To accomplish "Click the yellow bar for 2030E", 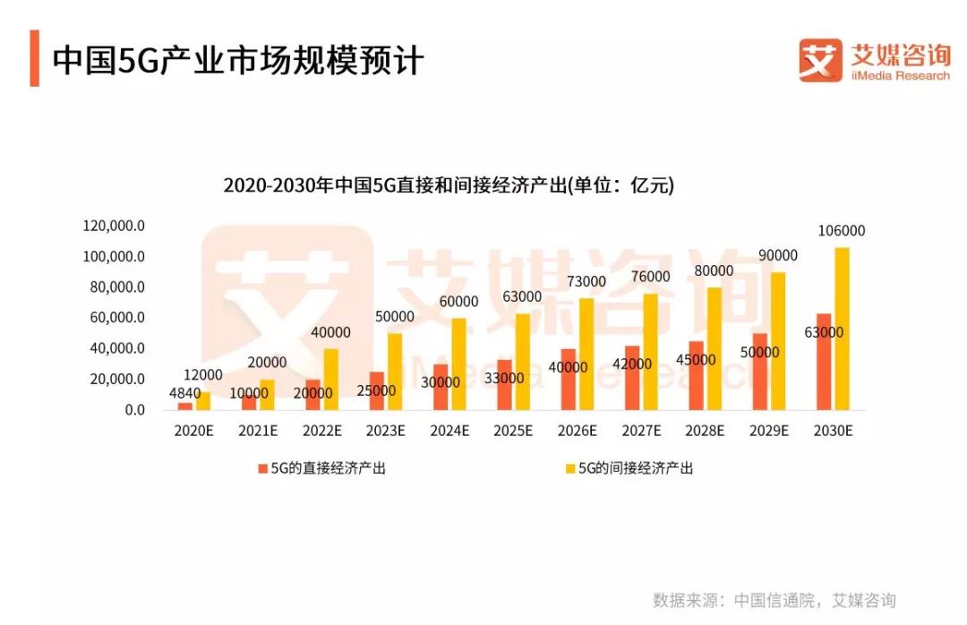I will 842,329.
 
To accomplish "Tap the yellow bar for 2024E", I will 459,364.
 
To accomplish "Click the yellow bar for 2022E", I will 331,379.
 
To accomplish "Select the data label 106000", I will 842,231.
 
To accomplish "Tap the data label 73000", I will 586,282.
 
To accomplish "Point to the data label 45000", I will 696,360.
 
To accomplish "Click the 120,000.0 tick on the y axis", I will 114,227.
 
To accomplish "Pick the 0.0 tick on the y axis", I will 134,410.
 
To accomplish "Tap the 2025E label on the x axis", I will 513,431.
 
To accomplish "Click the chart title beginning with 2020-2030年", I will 448,186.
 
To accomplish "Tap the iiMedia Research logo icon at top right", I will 820,60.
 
